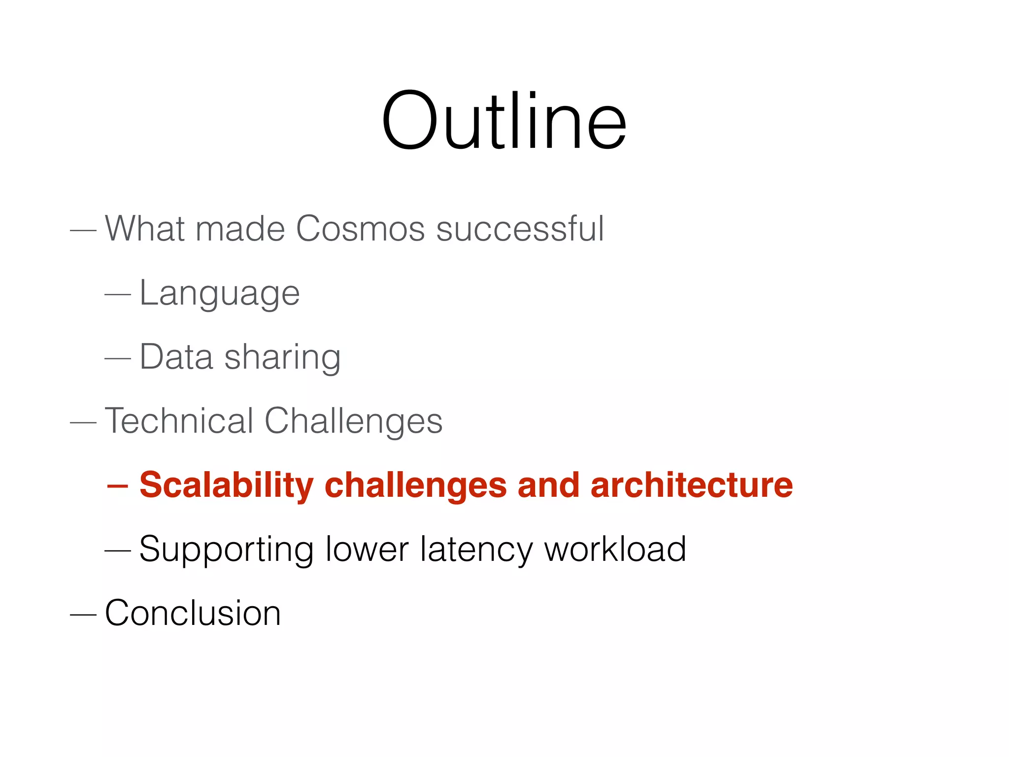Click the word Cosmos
pos(360,229)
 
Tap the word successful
pos(520,229)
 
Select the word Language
pos(220,294)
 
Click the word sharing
pos(282,357)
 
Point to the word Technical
pos(179,421)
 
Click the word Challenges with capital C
pos(354,422)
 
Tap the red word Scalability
pos(227,486)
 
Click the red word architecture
pos(692,485)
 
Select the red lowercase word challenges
pos(415,486)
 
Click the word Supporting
pos(227,550)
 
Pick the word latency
pos(476,550)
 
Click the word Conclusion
pos(193,613)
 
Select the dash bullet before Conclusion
pos(83,614)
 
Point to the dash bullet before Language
pos(118,295)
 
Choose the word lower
pos(367,549)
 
